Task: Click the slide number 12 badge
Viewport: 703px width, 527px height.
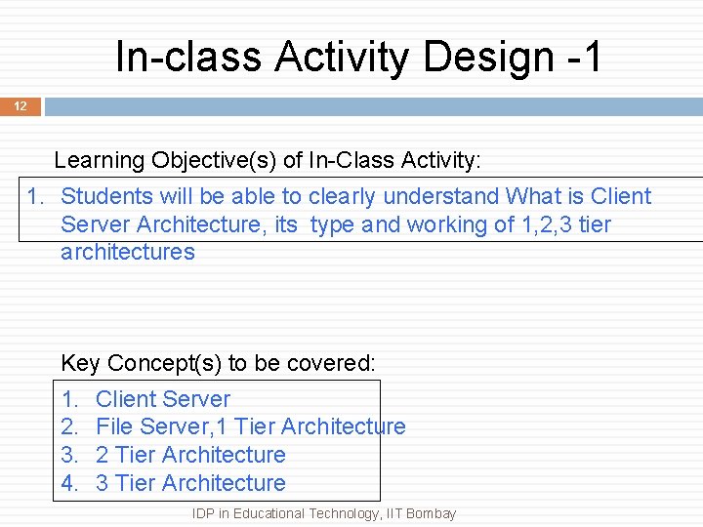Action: (21, 105)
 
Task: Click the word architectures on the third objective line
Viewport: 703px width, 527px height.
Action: (127, 252)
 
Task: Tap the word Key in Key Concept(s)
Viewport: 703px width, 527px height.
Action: (80, 363)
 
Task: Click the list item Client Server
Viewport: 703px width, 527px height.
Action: (163, 399)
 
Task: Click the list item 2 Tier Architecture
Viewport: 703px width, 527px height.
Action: (190, 455)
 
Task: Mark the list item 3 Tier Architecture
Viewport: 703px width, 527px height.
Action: (190, 483)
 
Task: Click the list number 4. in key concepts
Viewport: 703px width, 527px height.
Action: (69, 483)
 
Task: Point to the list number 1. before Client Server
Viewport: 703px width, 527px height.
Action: (69, 399)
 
